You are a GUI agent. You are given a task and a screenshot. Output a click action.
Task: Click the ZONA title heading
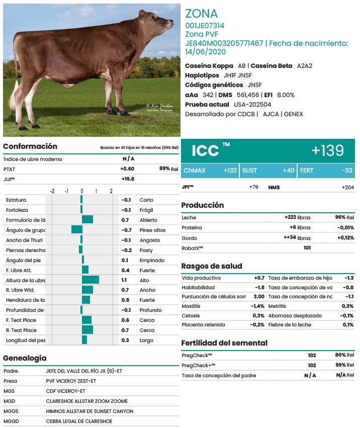201,14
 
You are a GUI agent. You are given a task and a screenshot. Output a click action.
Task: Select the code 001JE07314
205,25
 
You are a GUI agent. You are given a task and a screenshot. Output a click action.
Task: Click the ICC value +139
327,150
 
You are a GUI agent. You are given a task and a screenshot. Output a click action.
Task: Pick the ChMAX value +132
230,170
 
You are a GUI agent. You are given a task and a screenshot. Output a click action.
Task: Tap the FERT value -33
347,170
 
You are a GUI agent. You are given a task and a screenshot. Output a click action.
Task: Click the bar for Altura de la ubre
91,280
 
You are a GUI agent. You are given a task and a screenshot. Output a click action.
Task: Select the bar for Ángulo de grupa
77,230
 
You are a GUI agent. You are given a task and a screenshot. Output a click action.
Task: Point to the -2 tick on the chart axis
52,191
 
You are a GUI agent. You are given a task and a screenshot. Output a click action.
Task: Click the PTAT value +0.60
127,169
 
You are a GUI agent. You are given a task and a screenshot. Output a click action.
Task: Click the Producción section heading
202,205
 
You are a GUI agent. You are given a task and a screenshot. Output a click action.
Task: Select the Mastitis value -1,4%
257,306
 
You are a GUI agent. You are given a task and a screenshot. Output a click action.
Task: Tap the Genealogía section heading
25,358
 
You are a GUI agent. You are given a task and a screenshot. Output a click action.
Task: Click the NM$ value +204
347,187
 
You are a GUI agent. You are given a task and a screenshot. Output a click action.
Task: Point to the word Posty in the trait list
146,250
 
